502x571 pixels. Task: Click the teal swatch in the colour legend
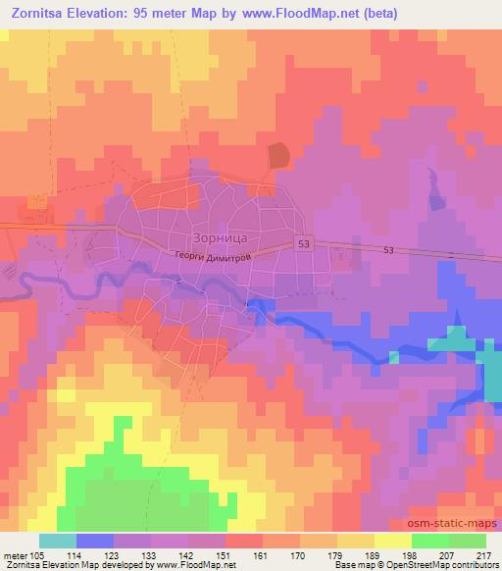tap(58, 541)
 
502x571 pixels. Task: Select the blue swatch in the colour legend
tap(95, 541)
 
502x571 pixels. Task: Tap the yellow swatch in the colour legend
tap(393, 541)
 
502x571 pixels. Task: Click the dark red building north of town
tap(280, 155)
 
